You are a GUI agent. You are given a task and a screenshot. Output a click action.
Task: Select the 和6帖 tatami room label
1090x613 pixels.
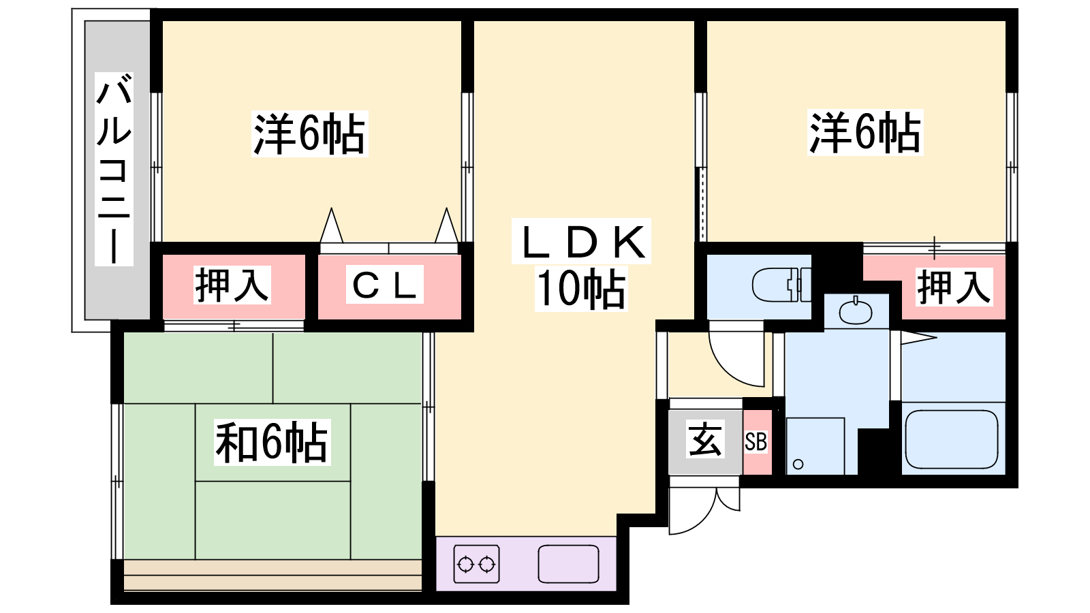click(272, 443)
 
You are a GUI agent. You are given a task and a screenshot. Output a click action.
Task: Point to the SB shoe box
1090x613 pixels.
click(756, 443)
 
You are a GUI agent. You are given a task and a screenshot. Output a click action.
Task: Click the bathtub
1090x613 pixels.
click(952, 439)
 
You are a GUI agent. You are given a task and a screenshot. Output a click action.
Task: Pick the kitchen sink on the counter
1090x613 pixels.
click(568, 565)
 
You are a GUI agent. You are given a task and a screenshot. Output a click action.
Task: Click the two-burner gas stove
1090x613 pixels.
click(476, 564)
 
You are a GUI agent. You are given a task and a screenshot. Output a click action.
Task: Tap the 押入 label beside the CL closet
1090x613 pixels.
click(232, 285)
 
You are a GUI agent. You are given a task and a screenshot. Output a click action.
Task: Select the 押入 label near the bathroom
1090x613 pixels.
click(954, 287)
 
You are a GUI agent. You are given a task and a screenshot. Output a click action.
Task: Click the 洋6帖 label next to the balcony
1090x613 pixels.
click(310, 134)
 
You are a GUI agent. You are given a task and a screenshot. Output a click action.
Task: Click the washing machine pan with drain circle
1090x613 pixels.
click(815, 445)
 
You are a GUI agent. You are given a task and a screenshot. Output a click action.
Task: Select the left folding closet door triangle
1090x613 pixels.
click(332, 226)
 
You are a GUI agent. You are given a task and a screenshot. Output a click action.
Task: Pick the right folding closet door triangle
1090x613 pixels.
click(446, 226)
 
